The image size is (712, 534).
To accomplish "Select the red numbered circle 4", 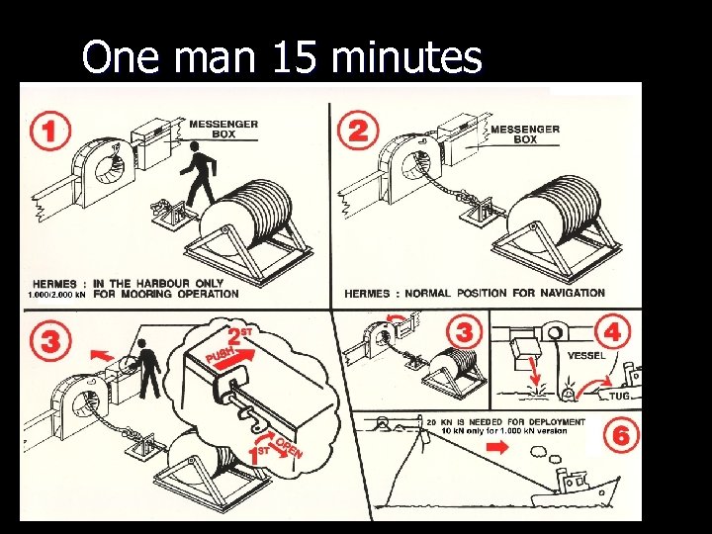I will click(612, 333).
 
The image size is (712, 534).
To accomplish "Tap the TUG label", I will click(618, 395).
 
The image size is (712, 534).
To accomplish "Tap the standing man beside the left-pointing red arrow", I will click(148, 366).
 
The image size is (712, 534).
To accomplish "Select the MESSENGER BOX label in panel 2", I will click(524, 133).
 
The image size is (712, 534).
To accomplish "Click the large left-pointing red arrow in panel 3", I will click(99, 351).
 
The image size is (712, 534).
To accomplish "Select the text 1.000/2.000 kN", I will click(55, 294).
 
